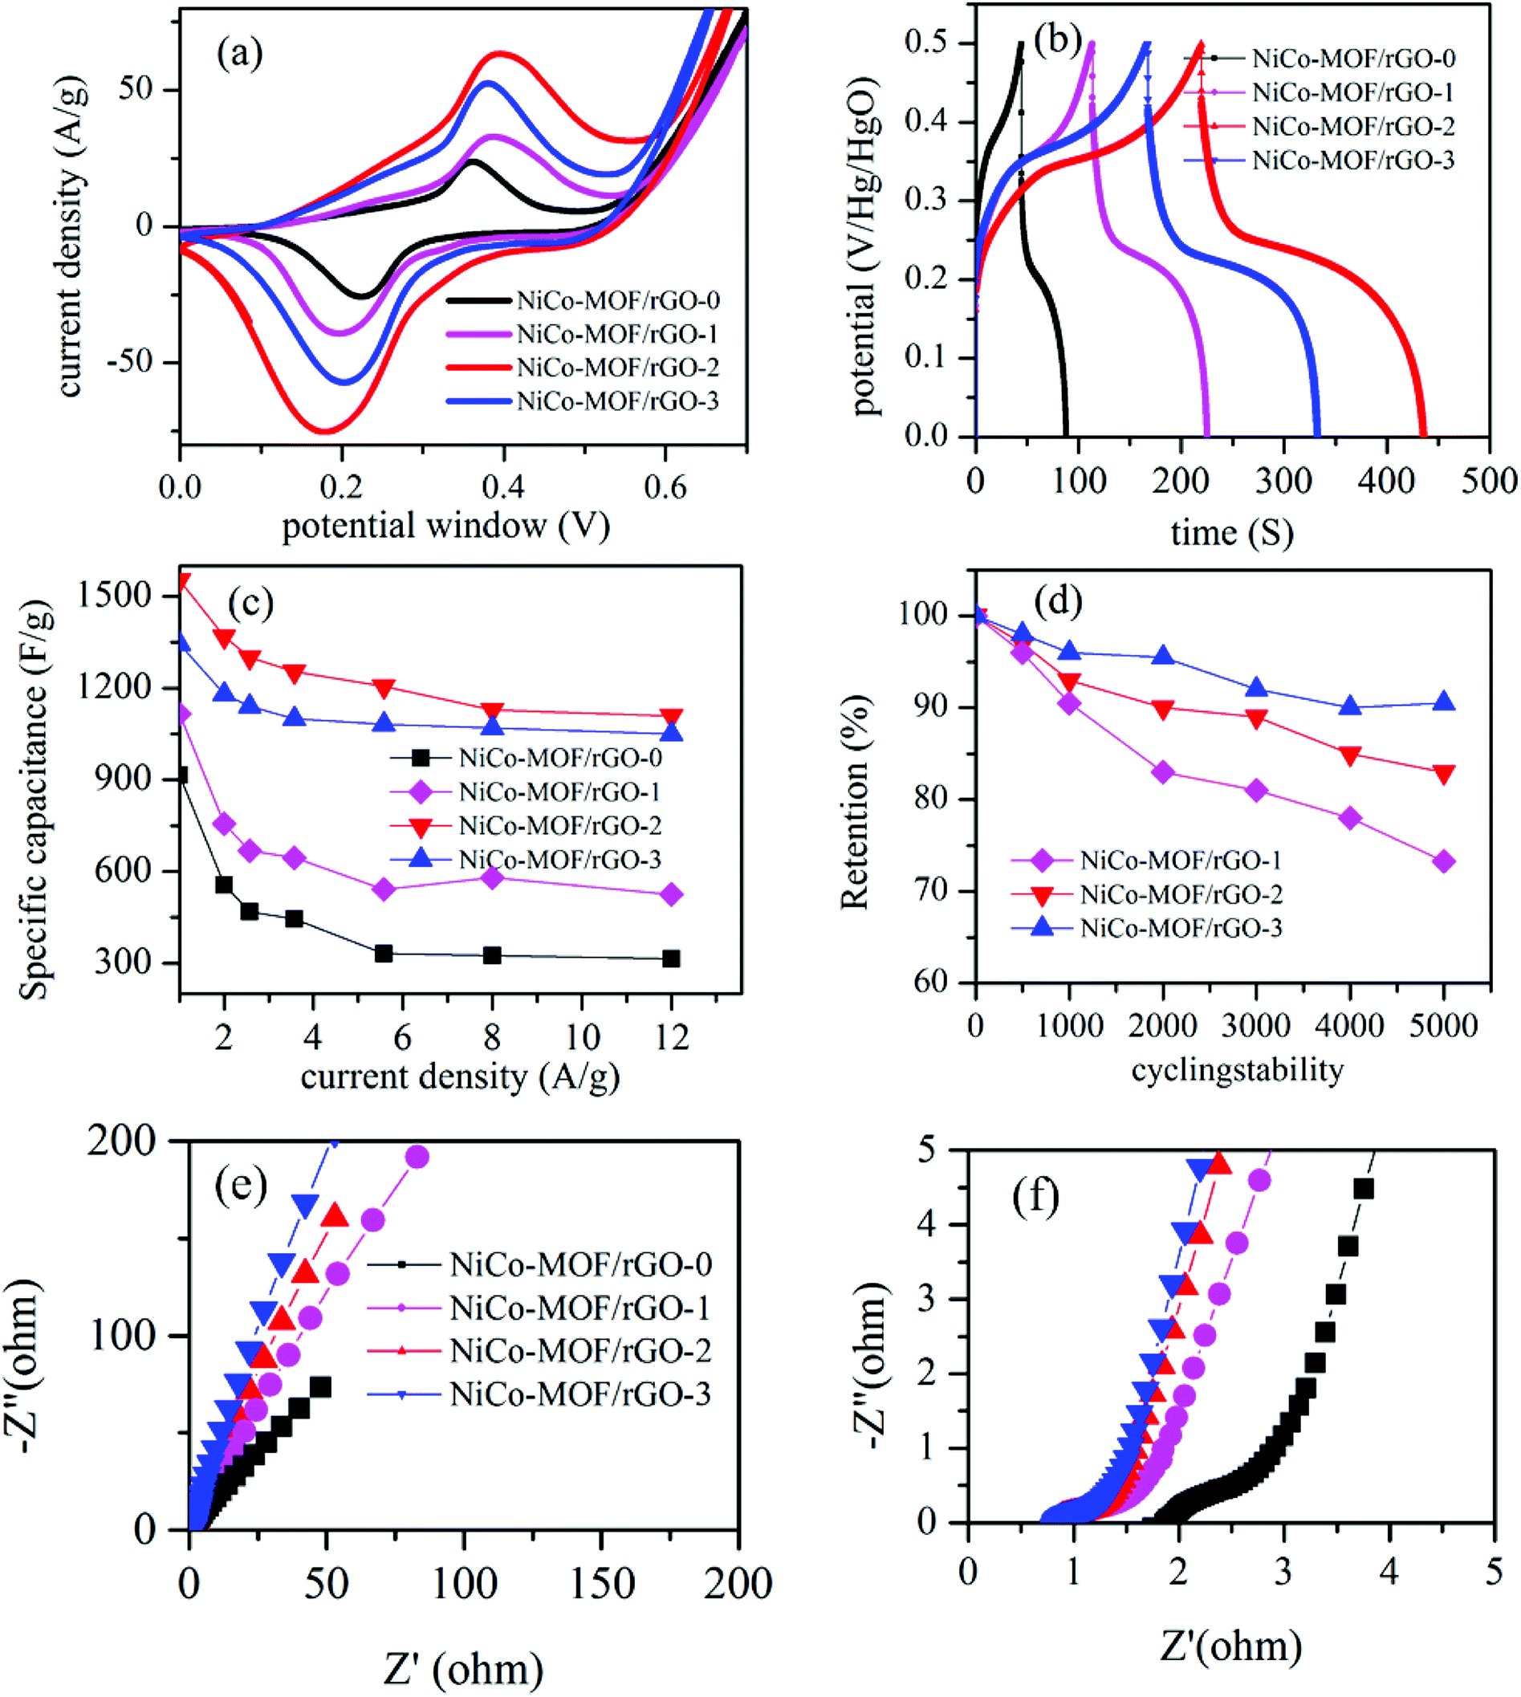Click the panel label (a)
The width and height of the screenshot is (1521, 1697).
240,55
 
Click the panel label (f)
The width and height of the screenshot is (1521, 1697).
1035,1197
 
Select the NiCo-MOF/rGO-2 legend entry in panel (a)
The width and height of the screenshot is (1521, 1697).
616,367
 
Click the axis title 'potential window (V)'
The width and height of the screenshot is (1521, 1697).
445,527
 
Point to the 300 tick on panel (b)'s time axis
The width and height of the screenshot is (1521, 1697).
1284,481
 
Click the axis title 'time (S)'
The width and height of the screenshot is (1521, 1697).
1232,532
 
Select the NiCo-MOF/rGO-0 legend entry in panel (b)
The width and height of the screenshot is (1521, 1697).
1353,59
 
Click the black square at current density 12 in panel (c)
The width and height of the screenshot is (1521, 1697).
671,958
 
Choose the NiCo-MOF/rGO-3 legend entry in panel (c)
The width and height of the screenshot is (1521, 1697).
560,860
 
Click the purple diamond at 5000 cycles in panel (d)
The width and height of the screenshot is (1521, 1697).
1443,861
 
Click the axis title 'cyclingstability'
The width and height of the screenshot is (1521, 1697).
1237,1069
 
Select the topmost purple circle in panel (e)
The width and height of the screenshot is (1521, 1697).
417,1157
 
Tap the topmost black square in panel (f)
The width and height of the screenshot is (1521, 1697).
1363,1189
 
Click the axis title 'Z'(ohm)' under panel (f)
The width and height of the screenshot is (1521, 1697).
1230,1645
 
